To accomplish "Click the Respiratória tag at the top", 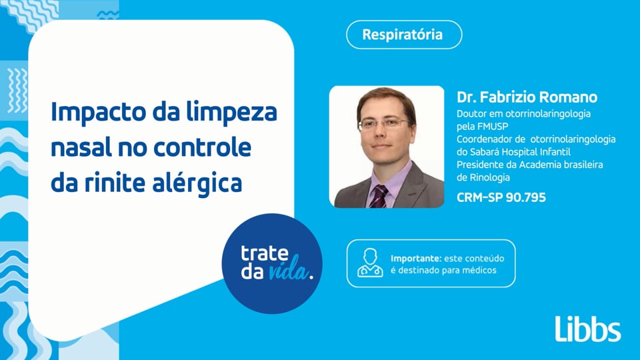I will pos(403,35).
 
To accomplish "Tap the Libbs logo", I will pos(587,329).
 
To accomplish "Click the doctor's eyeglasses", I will pos(383,123).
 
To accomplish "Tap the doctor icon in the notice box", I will pos(370,263).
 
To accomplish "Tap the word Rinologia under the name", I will pos(483,177).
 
